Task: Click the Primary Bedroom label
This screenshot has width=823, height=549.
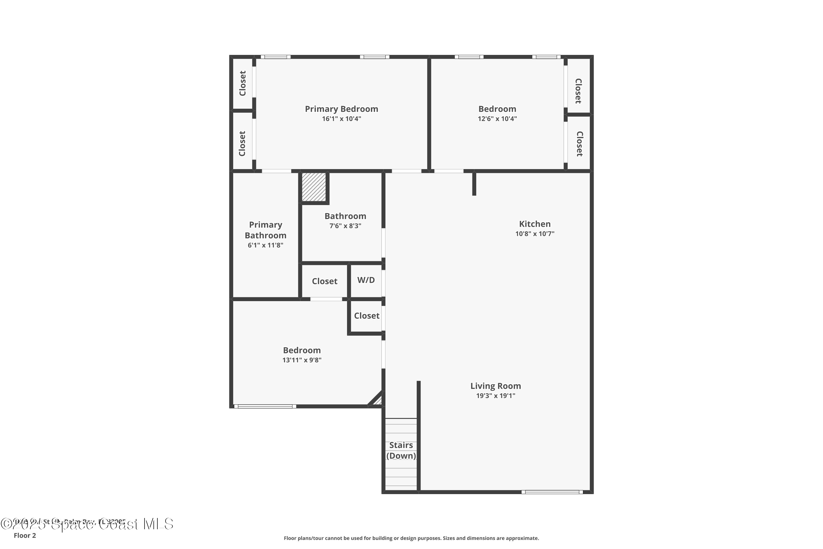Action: pyautogui.click(x=341, y=109)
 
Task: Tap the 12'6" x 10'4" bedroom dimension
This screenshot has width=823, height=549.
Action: pyautogui.click(x=497, y=119)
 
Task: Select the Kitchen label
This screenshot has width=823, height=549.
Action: pyautogui.click(x=534, y=224)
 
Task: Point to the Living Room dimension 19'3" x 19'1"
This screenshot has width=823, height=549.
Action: pyautogui.click(x=495, y=396)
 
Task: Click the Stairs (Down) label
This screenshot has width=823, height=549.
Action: pyautogui.click(x=401, y=450)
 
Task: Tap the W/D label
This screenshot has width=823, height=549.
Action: pyautogui.click(x=366, y=280)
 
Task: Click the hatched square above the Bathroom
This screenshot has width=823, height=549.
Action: pyautogui.click(x=314, y=187)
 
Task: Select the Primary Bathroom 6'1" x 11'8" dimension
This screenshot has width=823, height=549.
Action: pyautogui.click(x=265, y=245)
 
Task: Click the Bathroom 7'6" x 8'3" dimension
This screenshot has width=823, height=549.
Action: pyautogui.click(x=345, y=226)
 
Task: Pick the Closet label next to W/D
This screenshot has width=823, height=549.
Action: pyautogui.click(x=324, y=281)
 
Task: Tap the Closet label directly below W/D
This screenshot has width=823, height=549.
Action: pyautogui.click(x=366, y=316)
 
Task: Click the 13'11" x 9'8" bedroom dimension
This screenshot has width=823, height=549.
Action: pyautogui.click(x=301, y=360)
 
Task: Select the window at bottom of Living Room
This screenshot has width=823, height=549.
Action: pyautogui.click(x=552, y=492)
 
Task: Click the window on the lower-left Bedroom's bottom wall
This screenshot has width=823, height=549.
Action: pyautogui.click(x=265, y=407)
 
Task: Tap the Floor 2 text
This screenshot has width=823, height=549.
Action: pyautogui.click(x=24, y=535)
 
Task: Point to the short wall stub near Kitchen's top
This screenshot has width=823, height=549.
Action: pyautogui.click(x=474, y=184)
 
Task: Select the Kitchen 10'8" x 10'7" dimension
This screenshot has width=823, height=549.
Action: pyautogui.click(x=534, y=234)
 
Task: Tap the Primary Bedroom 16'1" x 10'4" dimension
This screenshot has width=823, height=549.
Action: pyautogui.click(x=341, y=119)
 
